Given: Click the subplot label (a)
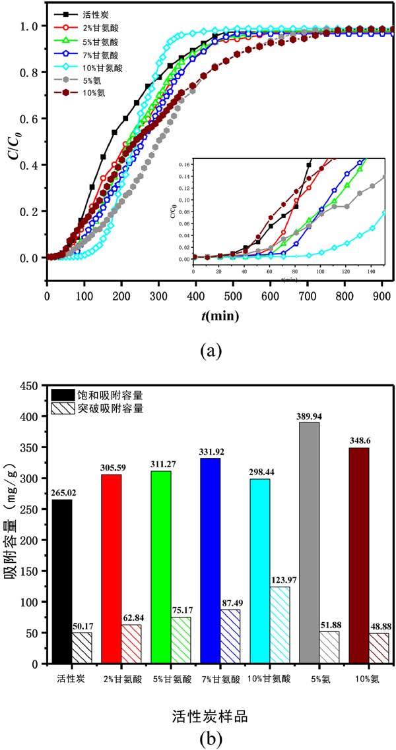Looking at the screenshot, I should coord(210,351).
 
